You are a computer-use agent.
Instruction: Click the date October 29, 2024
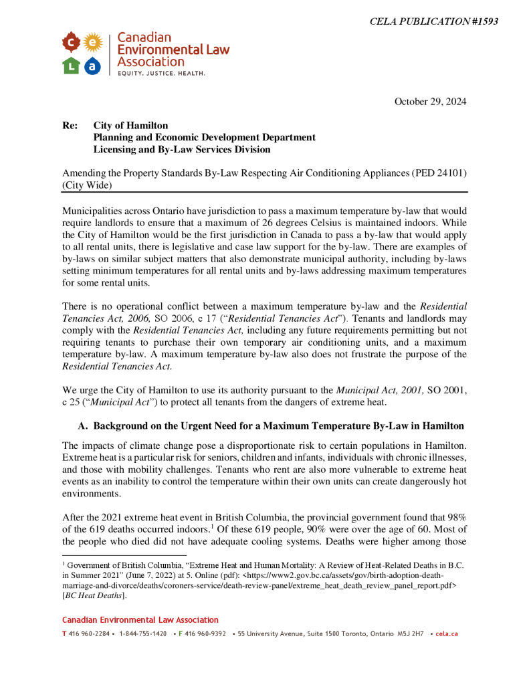point(430,102)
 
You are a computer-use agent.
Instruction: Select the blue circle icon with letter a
point(93,65)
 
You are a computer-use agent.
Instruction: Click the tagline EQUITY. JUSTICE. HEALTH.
point(161,72)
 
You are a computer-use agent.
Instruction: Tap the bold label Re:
point(70,126)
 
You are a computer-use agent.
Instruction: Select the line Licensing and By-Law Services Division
point(182,149)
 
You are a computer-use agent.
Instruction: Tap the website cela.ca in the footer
point(446,633)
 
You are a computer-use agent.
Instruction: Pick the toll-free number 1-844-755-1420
point(142,633)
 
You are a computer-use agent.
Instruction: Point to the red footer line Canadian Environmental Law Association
point(140,620)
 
